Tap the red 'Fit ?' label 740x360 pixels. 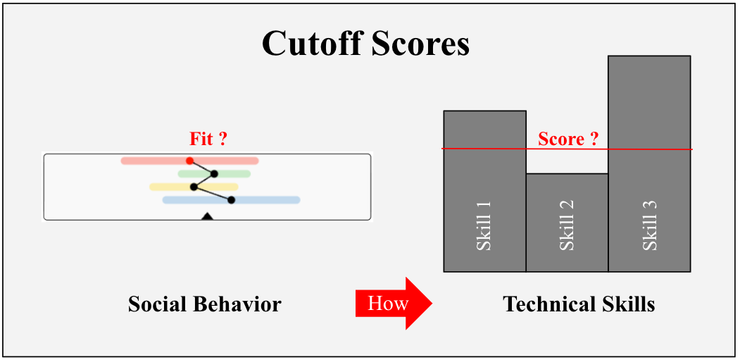click(x=208, y=139)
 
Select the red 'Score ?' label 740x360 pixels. click(x=567, y=139)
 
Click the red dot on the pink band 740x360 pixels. click(x=189, y=161)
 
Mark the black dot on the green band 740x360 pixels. click(x=214, y=174)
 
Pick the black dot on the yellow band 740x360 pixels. click(x=194, y=187)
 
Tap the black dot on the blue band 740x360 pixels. click(x=231, y=200)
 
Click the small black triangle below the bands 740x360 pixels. click(x=207, y=216)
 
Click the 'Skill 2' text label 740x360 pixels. click(x=567, y=225)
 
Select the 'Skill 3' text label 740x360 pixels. click(x=649, y=225)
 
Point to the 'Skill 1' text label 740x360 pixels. click(x=484, y=225)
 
